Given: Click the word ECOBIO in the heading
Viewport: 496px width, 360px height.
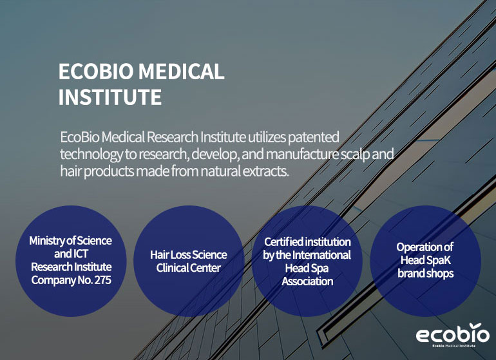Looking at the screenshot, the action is [96, 71].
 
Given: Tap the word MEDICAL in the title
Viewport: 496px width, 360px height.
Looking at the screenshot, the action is [182, 71].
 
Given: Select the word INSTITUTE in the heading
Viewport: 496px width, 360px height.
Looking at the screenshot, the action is [110, 97].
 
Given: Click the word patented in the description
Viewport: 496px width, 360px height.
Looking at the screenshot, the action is [314, 138].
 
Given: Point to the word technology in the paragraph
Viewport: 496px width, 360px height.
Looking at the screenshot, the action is [91, 155].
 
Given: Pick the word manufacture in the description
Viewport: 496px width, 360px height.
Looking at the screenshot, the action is [302, 154].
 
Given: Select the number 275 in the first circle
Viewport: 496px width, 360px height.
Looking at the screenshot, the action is [102, 280].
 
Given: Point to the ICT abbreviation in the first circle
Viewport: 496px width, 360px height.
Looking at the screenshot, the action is [81, 254].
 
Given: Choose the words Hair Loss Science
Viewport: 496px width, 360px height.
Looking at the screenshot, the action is [189, 254].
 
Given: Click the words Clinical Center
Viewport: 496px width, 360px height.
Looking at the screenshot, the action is [189, 268].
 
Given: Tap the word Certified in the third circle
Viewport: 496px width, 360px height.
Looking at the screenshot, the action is [284, 242].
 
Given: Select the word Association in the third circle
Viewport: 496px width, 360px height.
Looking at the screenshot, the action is [307, 281].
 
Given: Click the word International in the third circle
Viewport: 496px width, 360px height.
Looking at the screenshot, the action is [321, 255].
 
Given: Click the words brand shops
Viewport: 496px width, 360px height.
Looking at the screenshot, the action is [426, 273].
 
